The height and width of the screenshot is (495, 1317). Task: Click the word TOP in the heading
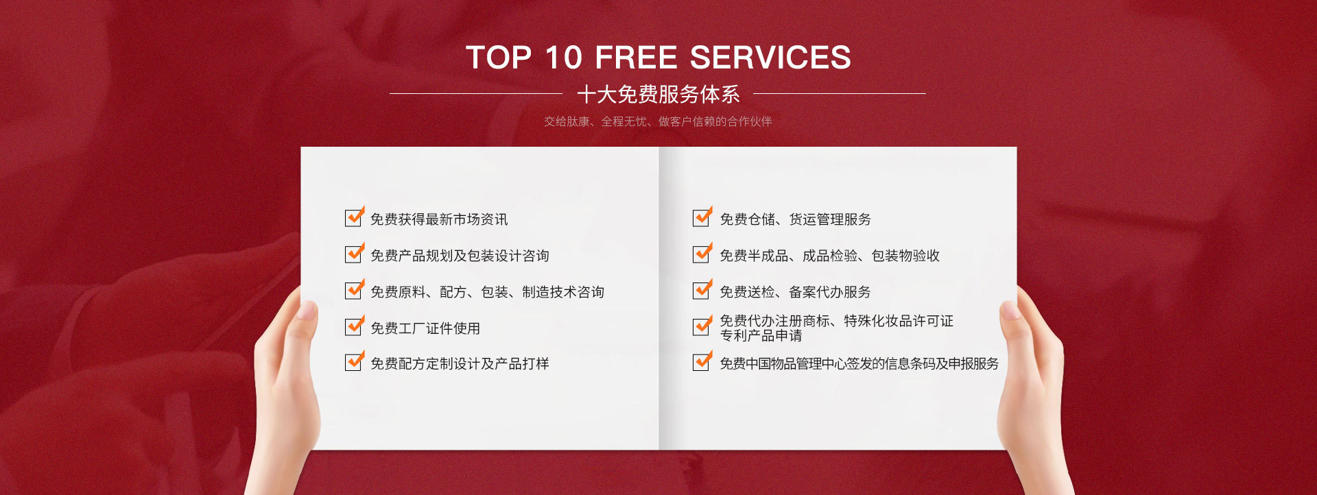(x=499, y=58)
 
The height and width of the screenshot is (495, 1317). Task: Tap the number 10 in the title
(x=563, y=58)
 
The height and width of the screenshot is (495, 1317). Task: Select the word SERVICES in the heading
(x=770, y=58)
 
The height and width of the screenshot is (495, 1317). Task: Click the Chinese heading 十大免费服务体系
(x=658, y=94)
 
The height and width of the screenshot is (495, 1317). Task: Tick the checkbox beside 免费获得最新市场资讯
(x=354, y=217)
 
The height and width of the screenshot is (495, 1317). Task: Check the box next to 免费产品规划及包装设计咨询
(x=354, y=254)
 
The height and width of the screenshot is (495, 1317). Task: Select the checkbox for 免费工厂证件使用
(x=354, y=326)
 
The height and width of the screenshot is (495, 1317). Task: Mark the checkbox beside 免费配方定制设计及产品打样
(x=354, y=361)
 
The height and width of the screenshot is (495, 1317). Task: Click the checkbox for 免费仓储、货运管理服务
(x=702, y=217)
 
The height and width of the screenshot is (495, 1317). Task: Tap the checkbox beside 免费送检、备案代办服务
(x=702, y=290)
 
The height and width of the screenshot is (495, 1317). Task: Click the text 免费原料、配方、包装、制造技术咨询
(x=487, y=292)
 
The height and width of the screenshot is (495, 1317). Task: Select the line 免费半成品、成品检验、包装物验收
(x=829, y=256)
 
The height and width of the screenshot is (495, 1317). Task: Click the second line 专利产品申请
(x=761, y=335)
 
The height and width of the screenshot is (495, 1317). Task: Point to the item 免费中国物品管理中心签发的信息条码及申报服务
(x=859, y=363)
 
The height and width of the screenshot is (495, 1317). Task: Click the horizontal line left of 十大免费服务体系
(x=476, y=93)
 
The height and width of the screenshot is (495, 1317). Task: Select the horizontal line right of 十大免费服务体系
(x=840, y=93)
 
